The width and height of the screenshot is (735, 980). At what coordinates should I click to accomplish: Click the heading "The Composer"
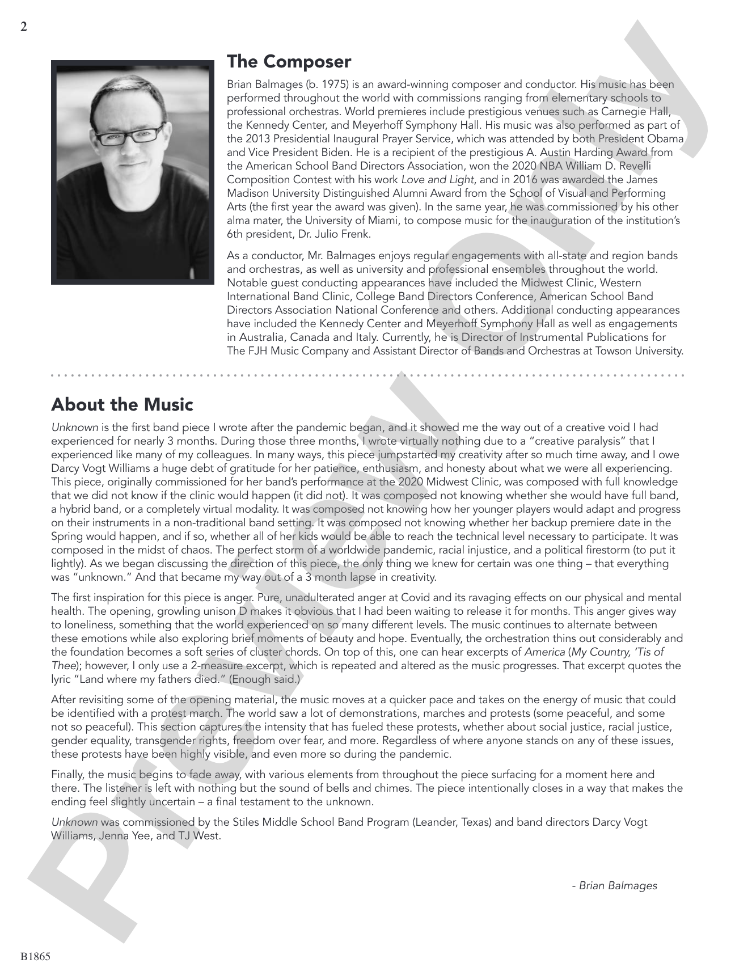click(x=289, y=61)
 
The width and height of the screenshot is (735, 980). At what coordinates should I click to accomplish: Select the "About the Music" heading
click(x=122, y=405)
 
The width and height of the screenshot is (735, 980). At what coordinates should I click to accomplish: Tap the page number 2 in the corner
click(x=23, y=27)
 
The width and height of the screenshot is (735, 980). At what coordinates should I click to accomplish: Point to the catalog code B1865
click(x=36, y=957)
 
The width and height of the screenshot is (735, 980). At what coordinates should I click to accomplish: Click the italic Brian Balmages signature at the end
click(x=615, y=885)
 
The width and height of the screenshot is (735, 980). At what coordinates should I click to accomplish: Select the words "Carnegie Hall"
click(x=643, y=112)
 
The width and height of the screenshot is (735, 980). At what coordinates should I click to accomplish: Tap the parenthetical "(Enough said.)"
click(x=264, y=679)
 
